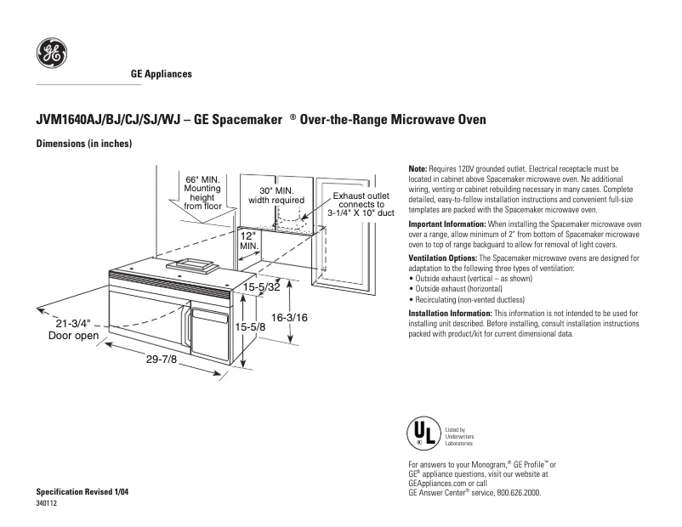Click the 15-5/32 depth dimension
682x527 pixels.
point(262,287)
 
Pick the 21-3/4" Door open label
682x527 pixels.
point(73,329)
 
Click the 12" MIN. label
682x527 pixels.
point(248,239)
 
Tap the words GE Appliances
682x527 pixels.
point(161,74)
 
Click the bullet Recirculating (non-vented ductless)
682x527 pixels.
point(467,300)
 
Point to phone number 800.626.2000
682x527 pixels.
point(513,492)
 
